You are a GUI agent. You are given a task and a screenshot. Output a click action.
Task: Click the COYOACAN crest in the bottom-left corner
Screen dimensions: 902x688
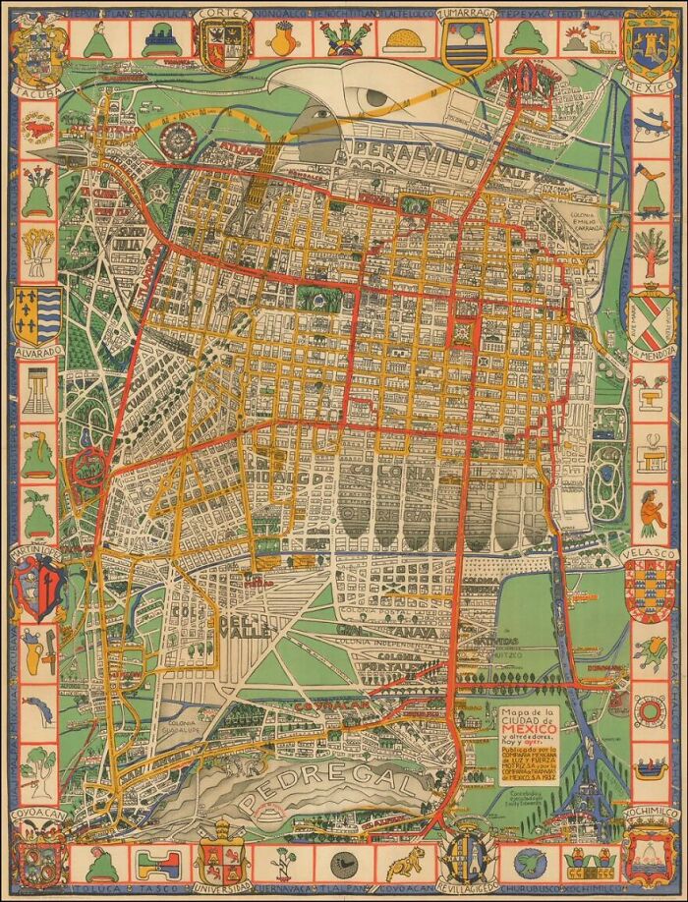[x=36, y=854]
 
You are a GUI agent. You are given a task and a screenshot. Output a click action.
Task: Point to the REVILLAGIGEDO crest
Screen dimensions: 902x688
[x=463, y=860]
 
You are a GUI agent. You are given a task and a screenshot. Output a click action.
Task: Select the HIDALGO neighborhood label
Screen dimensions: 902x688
[x=295, y=477]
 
